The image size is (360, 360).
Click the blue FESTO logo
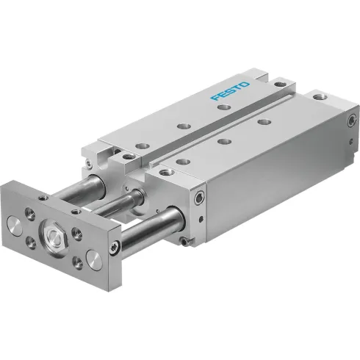230,90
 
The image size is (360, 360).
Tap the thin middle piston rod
118,205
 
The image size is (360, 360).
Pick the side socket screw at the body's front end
199,197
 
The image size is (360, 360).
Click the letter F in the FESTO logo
214,98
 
